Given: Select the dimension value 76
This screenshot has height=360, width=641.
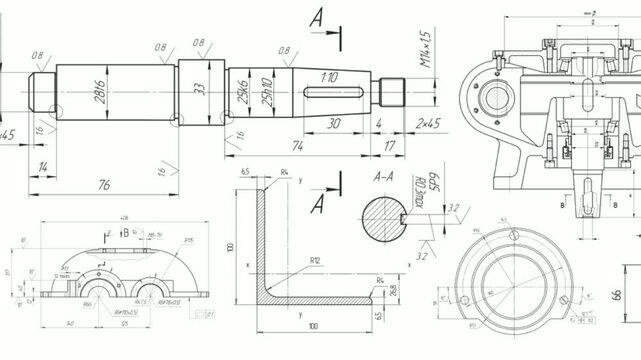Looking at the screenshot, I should (x=104, y=183).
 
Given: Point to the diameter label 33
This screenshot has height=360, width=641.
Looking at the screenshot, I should (x=199, y=89).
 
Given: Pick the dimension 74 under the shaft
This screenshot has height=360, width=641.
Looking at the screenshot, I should (x=298, y=146).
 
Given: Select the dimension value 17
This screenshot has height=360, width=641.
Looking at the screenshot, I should (x=389, y=146).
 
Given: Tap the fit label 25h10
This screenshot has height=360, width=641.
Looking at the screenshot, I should (x=266, y=91).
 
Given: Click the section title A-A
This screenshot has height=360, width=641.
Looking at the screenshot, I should (x=382, y=177).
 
